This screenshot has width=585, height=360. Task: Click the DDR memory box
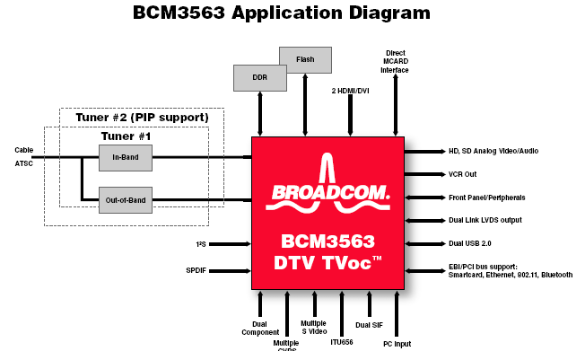tap(260, 77)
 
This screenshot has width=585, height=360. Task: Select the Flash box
tap(305, 60)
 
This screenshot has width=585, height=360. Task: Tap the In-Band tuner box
tap(125, 157)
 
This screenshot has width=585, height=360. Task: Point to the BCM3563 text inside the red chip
tap(327, 241)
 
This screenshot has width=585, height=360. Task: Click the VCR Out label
tap(465, 173)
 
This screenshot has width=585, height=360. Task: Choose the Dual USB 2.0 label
tap(469, 243)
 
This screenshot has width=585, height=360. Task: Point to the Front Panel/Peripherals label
tap(486, 197)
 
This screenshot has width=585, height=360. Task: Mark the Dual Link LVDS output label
tap(485, 220)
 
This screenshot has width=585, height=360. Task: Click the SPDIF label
tap(196, 269)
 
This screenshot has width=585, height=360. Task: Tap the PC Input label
tap(397, 343)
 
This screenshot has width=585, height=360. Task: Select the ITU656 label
tap(342, 342)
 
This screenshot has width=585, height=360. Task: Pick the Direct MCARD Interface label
tap(396, 61)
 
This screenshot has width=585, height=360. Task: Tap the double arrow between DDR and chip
tap(260, 114)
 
